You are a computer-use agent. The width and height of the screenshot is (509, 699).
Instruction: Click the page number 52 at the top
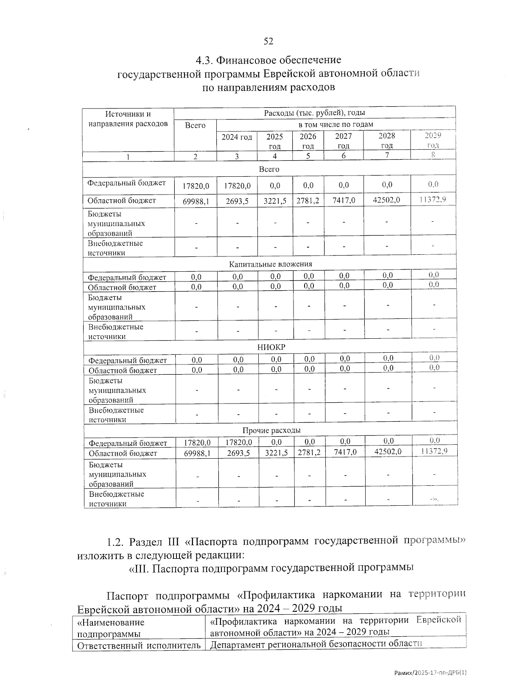click(268, 41)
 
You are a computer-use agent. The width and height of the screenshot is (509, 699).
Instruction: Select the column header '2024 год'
click(237, 137)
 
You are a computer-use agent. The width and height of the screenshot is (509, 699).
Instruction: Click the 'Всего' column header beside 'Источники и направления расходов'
click(195, 125)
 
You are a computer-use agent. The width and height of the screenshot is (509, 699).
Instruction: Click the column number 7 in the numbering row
click(387, 155)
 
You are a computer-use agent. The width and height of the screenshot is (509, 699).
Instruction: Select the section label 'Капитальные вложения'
click(270, 264)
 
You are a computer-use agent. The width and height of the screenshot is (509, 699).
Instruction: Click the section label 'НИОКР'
click(271, 347)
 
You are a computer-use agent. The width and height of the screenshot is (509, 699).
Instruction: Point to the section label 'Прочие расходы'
click(271, 431)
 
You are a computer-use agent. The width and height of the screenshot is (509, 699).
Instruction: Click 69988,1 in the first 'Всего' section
click(196, 201)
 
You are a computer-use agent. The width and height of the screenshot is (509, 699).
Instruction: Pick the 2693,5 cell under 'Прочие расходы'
click(238, 453)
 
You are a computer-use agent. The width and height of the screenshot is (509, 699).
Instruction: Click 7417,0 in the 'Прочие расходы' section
click(345, 452)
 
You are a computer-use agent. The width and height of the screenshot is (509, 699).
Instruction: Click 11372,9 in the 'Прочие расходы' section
click(434, 451)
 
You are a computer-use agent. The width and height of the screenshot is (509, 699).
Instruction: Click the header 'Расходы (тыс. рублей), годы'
click(314, 113)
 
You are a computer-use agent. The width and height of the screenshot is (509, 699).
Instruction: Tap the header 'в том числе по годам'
click(336, 125)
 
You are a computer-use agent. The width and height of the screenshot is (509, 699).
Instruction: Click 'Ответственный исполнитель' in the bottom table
click(137, 646)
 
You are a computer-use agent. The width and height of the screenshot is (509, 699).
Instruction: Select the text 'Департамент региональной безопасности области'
click(316, 644)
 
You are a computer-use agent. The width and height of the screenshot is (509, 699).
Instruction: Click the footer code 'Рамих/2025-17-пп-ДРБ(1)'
click(430, 673)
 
